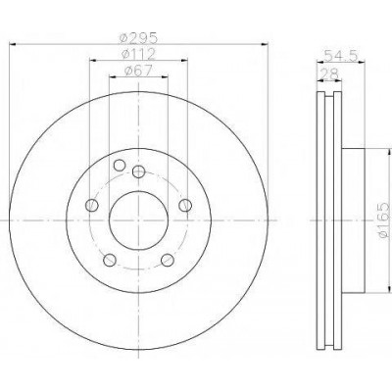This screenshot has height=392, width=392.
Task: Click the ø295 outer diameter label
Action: point(138,38)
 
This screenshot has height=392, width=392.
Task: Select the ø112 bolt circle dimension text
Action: point(138,54)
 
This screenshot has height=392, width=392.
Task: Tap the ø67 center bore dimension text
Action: point(138,71)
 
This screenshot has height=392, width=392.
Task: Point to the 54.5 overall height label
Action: point(341,56)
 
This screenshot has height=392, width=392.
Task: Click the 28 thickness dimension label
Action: point(329,73)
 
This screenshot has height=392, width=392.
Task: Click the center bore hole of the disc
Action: point(138,220)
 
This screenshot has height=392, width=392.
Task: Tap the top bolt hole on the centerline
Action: point(139,171)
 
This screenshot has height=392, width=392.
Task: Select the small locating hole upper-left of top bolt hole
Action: point(120,166)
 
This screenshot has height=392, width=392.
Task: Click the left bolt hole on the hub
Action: point(91,205)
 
